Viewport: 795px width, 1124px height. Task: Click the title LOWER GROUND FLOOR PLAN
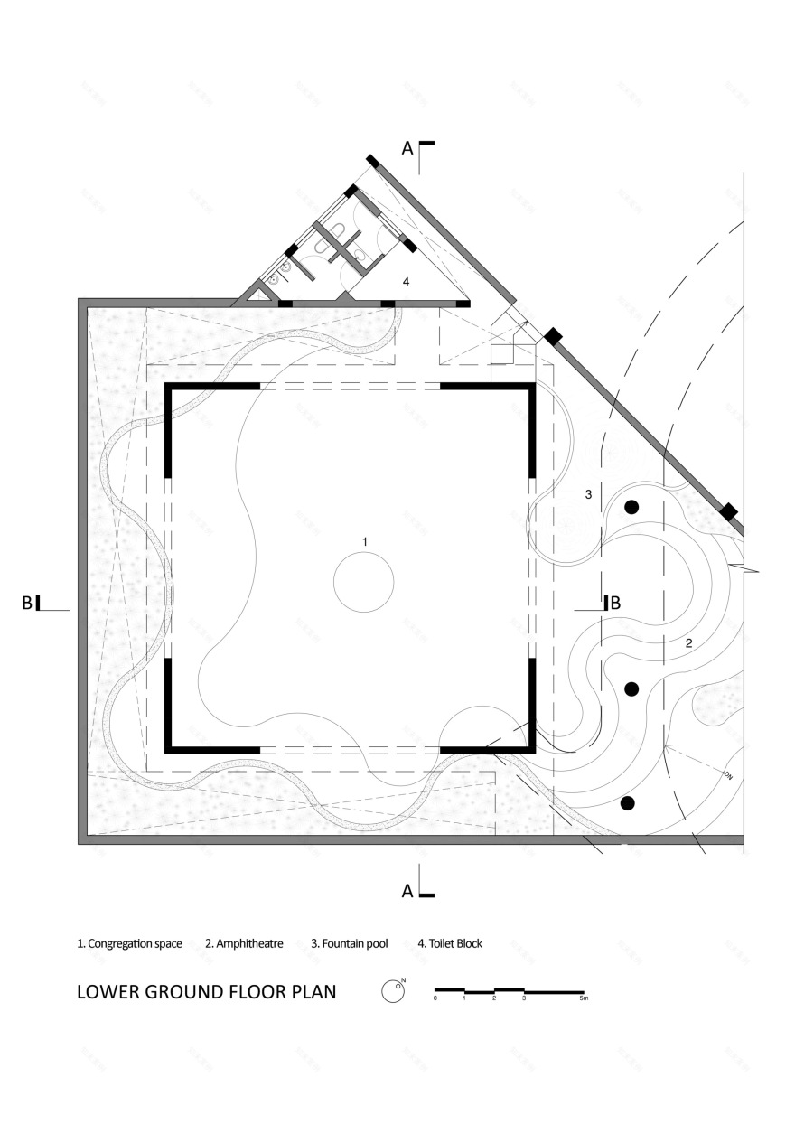[x=207, y=992]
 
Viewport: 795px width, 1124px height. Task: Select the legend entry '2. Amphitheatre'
[x=244, y=943]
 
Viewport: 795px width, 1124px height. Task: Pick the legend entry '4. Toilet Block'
[x=450, y=943]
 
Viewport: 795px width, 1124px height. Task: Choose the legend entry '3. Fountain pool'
[x=350, y=943]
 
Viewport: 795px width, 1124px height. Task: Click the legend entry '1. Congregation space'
[x=129, y=943]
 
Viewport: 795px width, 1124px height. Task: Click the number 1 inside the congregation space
[x=364, y=541]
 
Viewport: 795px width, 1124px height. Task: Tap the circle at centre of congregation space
[x=364, y=583]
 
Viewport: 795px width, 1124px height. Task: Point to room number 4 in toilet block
[x=406, y=282]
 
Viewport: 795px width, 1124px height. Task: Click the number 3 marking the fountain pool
[x=588, y=494]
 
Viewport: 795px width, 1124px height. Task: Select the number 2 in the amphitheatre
[x=688, y=643]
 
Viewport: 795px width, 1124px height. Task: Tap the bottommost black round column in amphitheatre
[x=628, y=802]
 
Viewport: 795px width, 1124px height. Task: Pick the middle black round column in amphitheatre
[x=631, y=689]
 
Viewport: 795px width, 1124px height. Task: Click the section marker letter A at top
[x=407, y=149]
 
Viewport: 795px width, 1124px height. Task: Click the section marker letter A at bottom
[x=407, y=891]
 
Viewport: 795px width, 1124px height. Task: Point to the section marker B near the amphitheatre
[x=615, y=603]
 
